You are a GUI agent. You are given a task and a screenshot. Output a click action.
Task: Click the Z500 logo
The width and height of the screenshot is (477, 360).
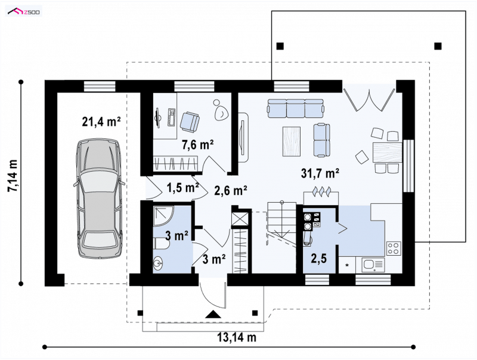[24, 12]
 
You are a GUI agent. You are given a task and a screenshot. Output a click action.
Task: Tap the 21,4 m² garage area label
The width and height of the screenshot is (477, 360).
[101, 122]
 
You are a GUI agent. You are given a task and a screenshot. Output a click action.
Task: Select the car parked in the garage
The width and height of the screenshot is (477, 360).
[99, 198]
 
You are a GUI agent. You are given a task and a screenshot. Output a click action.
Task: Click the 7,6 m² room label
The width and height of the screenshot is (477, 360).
[198, 145]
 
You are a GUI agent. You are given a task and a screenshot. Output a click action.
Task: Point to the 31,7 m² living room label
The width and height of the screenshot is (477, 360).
[320, 173]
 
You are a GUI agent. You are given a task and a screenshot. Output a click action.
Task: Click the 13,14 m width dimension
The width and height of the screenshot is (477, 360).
[237, 337]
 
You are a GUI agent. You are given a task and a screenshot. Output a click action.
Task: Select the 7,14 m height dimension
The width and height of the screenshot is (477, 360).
[13, 176]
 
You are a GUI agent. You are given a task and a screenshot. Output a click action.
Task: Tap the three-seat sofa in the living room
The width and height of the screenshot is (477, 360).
[295, 108]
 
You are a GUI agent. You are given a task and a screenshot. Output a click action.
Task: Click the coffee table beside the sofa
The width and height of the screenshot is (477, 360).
[292, 142]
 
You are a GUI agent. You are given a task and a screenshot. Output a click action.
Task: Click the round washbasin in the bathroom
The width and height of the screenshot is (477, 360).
[158, 263]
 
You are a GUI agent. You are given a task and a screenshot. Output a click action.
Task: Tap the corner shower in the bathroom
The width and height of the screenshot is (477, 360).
[163, 216]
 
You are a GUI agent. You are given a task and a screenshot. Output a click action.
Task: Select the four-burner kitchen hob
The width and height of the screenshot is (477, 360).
[394, 248]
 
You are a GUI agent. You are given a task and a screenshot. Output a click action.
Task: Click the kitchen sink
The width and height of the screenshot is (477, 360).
[373, 264]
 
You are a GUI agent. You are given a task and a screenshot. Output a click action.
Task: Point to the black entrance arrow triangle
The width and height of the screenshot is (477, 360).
[213, 314]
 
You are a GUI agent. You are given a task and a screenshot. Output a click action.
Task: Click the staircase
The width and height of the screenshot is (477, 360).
[281, 221]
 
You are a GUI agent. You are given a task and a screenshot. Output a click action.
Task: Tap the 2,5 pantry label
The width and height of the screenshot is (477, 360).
[319, 259]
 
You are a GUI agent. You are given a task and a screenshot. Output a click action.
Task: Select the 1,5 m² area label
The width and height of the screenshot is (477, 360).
[183, 188]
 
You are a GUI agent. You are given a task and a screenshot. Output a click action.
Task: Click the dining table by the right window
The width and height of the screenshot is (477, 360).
[387, 152]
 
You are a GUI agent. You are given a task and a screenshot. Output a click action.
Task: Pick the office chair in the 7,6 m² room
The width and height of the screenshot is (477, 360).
[190, 122]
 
